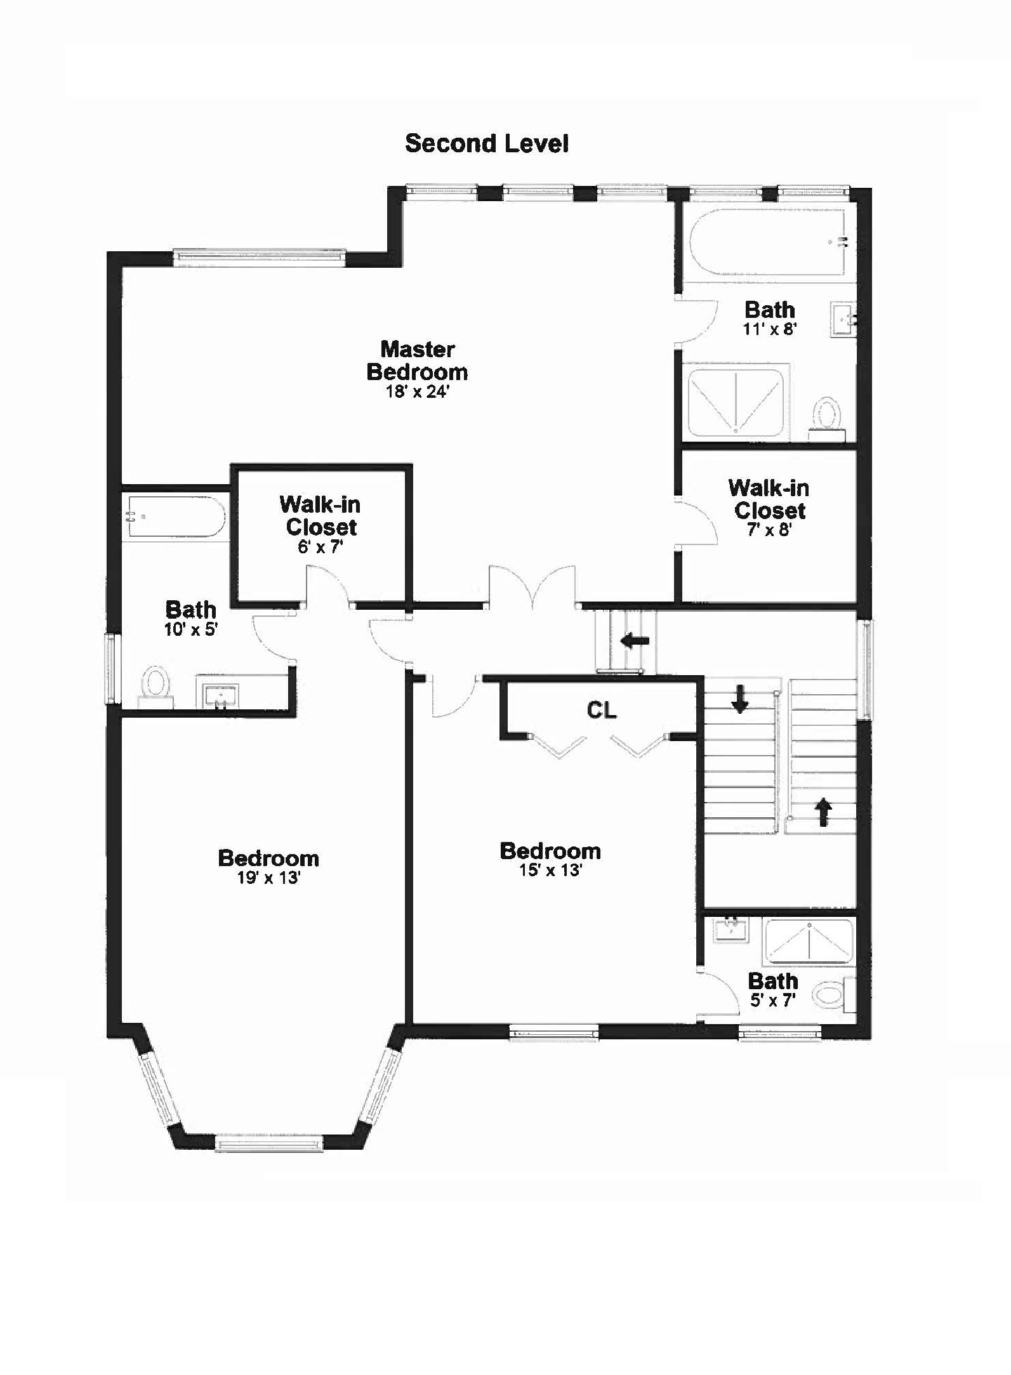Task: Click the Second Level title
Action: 487,143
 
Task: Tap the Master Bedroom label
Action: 418,360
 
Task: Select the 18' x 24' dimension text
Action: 418,392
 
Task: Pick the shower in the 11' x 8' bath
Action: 736,400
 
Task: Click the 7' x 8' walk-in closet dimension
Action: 769,530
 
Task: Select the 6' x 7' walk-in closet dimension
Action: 320,546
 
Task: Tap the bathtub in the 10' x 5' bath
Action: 175,516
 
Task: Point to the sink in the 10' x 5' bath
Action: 220,695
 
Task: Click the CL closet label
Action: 602,710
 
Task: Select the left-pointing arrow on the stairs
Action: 635,640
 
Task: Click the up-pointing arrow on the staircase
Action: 823,812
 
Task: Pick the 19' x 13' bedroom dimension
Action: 268,878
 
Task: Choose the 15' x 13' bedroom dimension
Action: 550,870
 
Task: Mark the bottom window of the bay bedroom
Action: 269,1145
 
